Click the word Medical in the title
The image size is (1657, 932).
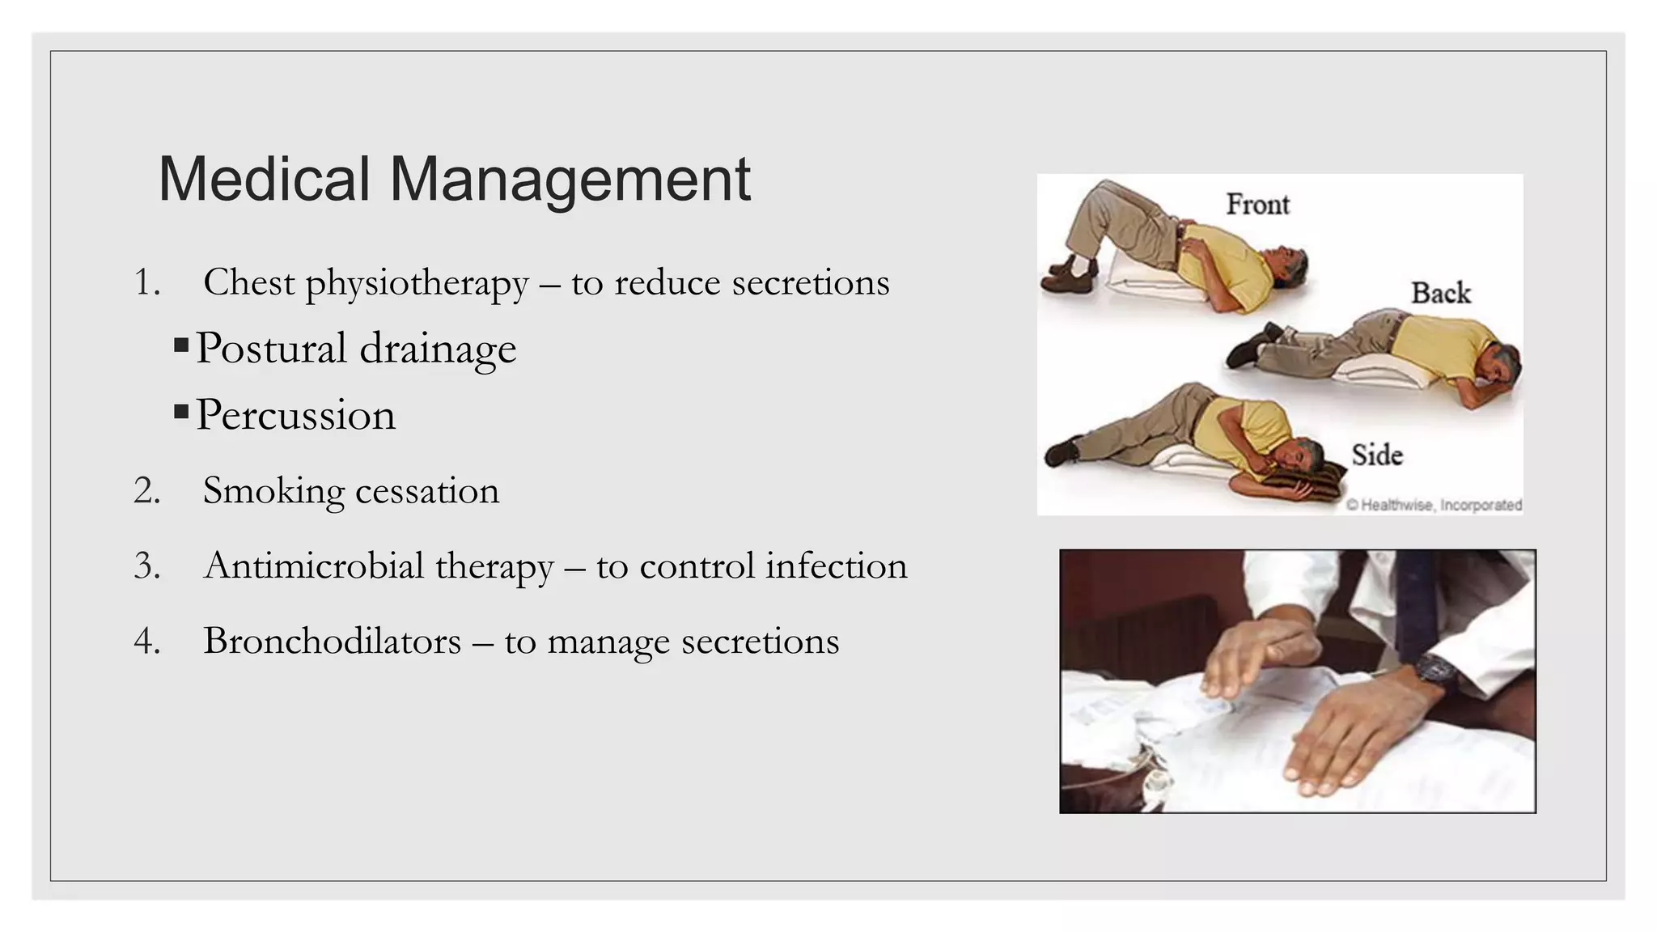pyautogui.click(x=264, y=179)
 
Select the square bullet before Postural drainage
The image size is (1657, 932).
pyautogui.click(x=181, y=347)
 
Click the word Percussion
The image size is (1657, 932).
pyautogui.click(x=296, y=415)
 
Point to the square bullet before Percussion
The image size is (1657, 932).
pyautogui.click(x=181, y=413)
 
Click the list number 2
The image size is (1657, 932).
pyautogui.click(x=146, y=491)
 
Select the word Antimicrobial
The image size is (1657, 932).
pyautogui.click(x=314, y=566)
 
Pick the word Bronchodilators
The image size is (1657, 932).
pyautogui.click(x=332, y=641)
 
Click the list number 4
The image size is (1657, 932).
pyautogui.click(x=146, y=641)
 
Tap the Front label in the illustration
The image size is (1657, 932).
pyautogui.click(x=1257, y=205)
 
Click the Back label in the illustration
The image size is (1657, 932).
pyautogui.click(x=1440, y=293)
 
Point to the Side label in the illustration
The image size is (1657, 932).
pyautogui.click(x=1377, y=455)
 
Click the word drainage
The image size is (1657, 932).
pyautogui.click(x=437, y=349)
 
